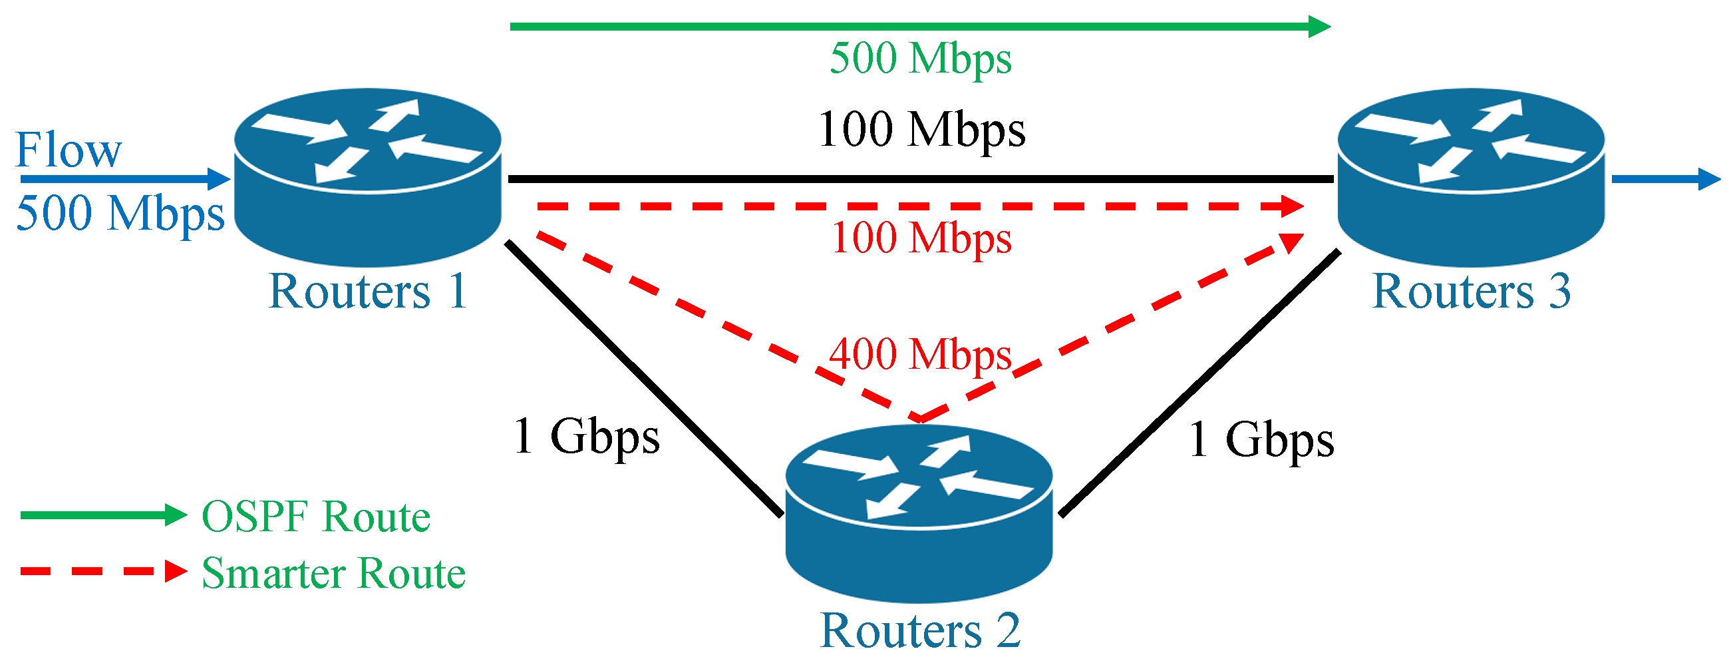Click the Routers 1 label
[x=367, y=292]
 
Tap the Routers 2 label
[x=919, y=630]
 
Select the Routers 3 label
[x=1471, y=292]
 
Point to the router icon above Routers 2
[x=918, y=513]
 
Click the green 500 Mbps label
[x=919, y=59]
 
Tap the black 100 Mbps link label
[x=921, y=129]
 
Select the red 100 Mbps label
[x=921, y=238]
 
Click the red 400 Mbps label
[x=919, y=354]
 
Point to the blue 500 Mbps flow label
[x=120, y=214]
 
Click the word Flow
[x=69, y=149]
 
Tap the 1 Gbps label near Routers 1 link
[x=586, y=437]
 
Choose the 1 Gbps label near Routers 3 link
[x=1261, y=439]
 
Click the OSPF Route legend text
[x=316, y=517]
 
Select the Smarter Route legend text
[x=334, y=573]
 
